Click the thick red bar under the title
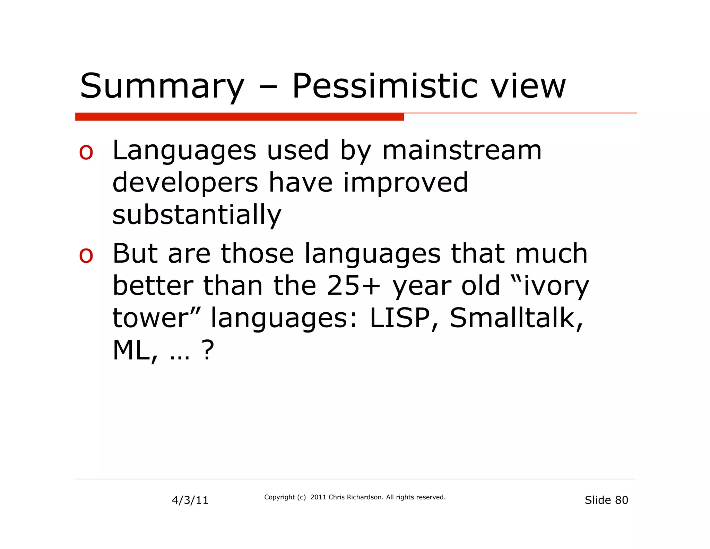239,117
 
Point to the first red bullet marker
86,152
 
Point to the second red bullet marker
86,255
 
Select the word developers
185,183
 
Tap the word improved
405,183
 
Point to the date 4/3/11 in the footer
190,500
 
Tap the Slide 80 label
606,500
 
